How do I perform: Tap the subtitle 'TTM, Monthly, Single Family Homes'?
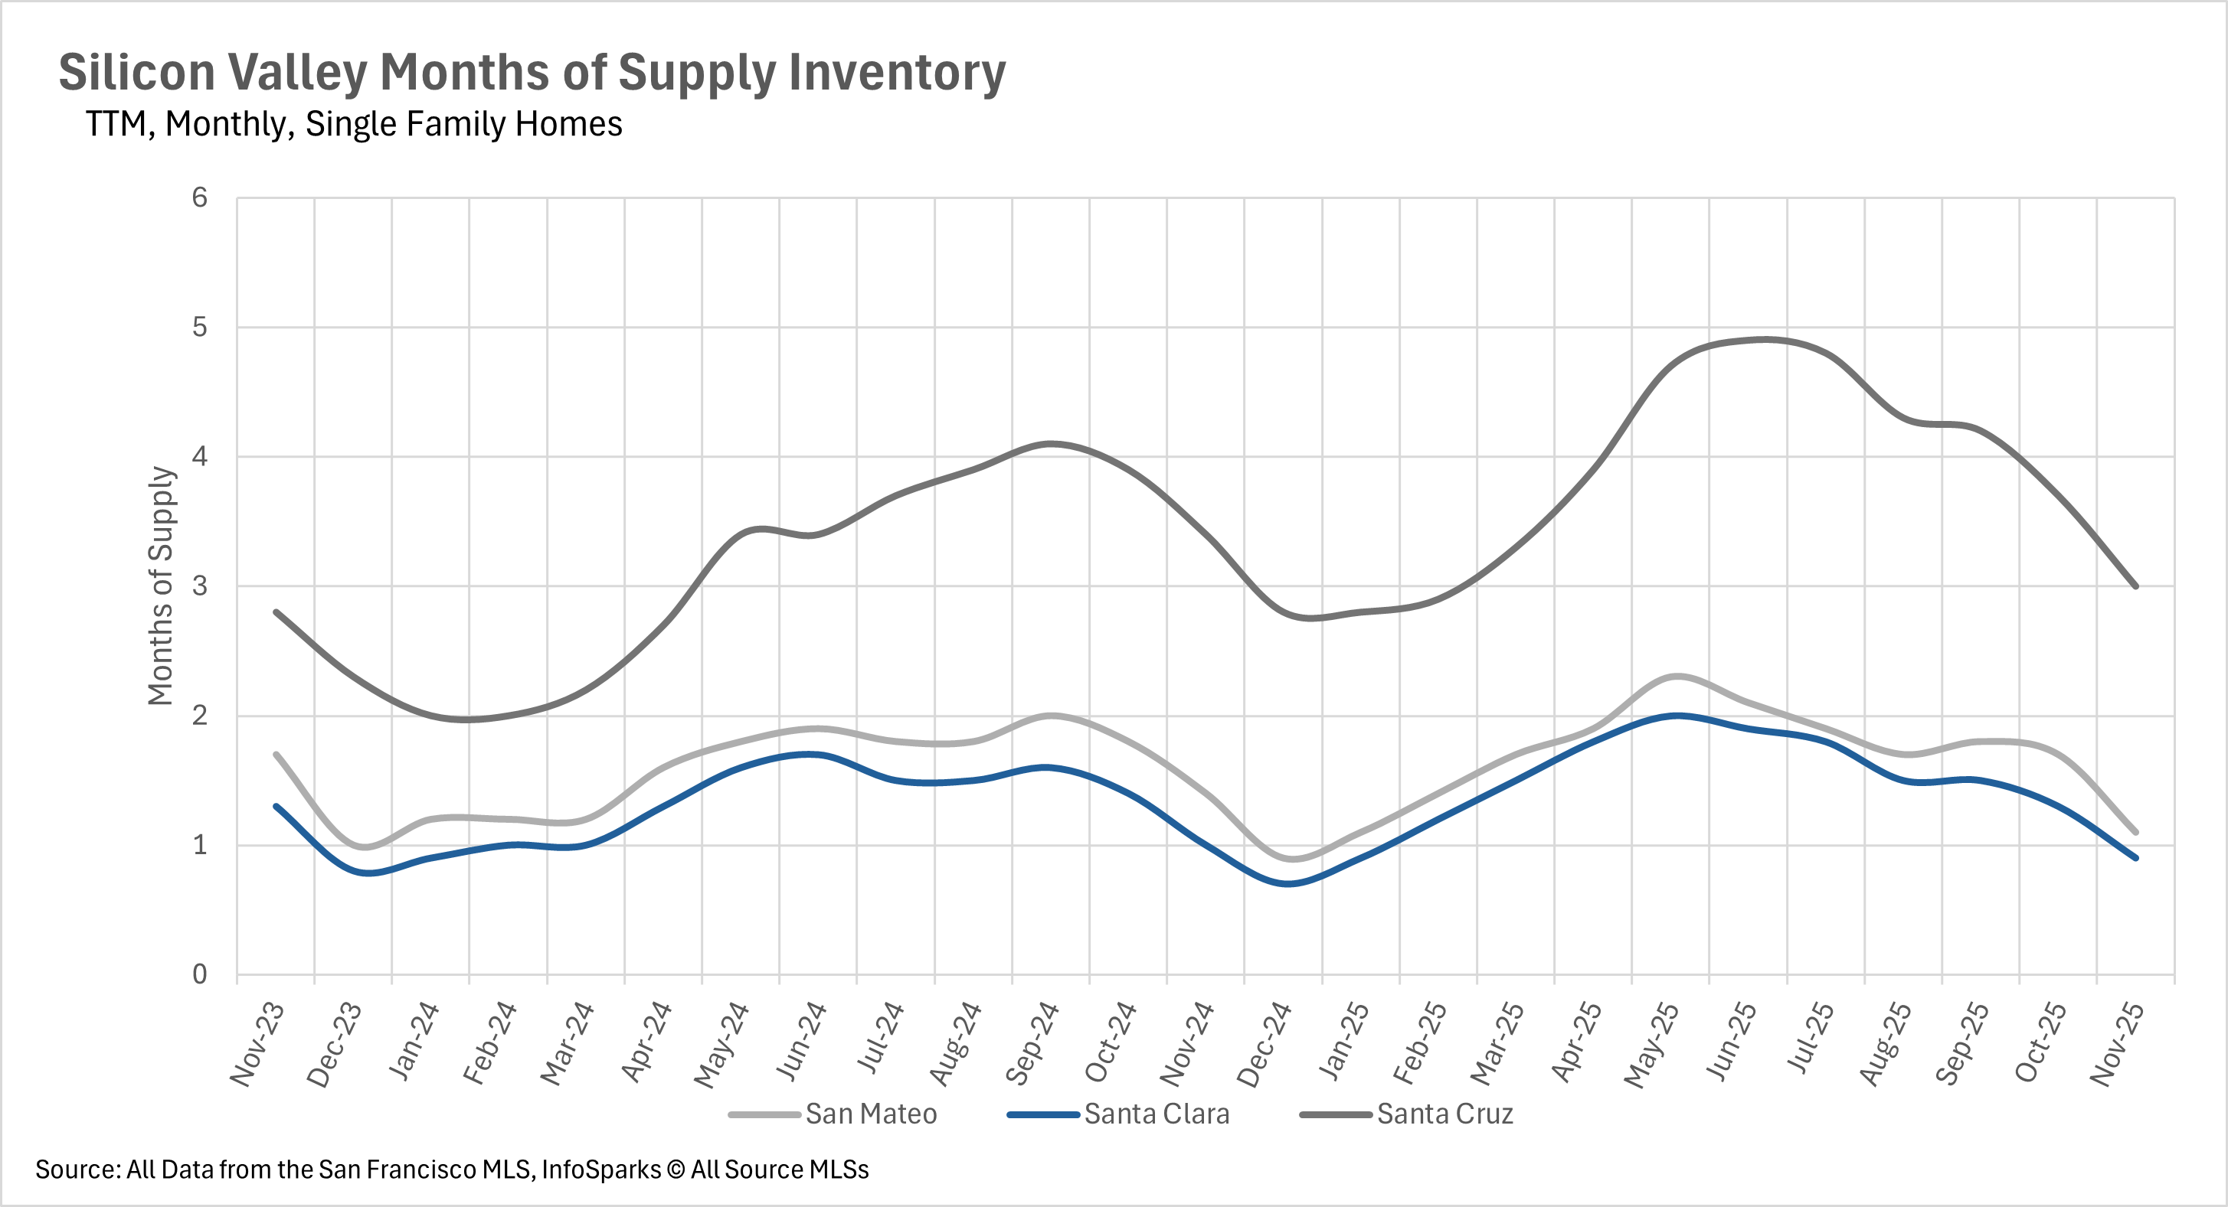pos(354,125)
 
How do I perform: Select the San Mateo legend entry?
pos(870,1114)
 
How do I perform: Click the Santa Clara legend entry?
pos(1156,1114)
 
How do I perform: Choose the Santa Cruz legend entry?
pos(1444,1114)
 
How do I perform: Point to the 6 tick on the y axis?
pos(200,198)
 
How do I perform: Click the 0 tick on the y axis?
pos(200,974)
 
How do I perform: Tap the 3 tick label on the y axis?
pos(200,586)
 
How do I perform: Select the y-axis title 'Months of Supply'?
pos(161,586)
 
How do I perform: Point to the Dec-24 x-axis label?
pos(1264,1045)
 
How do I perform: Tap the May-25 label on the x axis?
pos(1652,1045)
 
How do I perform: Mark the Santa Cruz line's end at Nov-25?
pos(2135,586)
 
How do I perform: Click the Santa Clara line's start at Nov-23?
pos(276,806)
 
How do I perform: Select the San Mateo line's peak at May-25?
pos(1677,676)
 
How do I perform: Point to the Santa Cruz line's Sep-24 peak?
pos(1050,444)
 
